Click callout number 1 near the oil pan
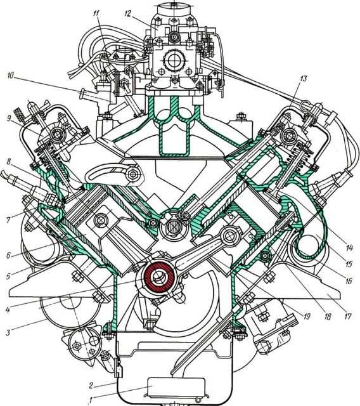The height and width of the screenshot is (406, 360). coord(90,401)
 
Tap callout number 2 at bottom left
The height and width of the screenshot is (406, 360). coord(91,386)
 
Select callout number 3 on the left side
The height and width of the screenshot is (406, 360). coord(8,332)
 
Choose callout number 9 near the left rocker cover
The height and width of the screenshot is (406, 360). coord(9,119)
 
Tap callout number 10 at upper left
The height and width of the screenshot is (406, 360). coord(11,76)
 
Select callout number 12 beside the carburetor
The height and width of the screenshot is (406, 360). coord(128,13)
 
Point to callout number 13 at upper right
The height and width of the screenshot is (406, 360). coord(303,79)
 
